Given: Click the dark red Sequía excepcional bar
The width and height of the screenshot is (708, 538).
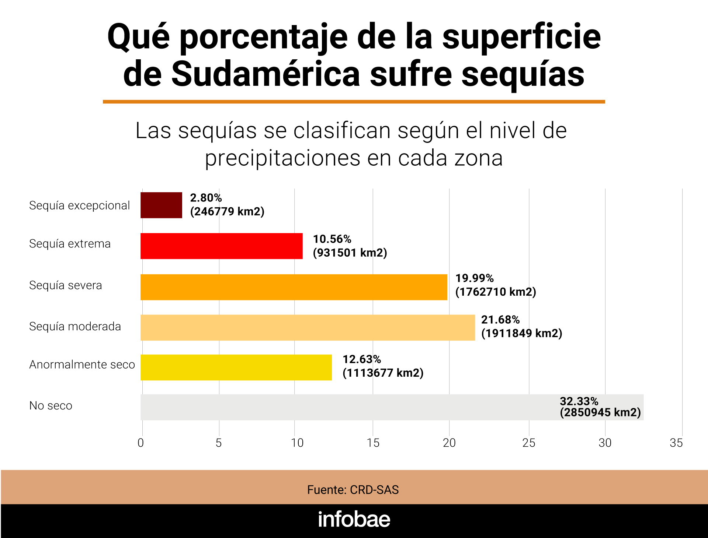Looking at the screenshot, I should (x=161, y=205).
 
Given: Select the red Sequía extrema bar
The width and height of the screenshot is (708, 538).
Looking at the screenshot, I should (x=221, y=246).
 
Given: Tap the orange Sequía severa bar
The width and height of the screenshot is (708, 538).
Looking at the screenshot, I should (x=294, y=287).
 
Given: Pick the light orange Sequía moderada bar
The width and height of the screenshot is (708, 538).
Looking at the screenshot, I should (x=308, y=327).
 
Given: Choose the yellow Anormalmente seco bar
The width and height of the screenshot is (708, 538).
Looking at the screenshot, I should (x=236, y=368).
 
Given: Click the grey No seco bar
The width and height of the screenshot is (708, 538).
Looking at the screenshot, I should (x=392, y=407).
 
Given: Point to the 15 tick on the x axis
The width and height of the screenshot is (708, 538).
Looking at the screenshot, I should (x=373, y=443).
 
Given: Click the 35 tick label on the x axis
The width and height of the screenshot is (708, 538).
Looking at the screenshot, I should (x=676, y=443).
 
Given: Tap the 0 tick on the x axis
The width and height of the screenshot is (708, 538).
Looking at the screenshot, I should (x=140, y=443).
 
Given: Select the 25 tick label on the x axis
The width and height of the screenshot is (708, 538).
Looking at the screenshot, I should (x=529, y=443).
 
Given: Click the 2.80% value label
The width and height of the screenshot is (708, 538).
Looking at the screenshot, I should (x=206, y=198).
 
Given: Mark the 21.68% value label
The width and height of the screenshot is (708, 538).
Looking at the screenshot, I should (x=500, y=320).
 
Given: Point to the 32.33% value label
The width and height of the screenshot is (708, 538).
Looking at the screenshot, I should (x=579, y=401).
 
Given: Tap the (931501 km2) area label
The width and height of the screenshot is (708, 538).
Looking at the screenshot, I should (x=350, y=253).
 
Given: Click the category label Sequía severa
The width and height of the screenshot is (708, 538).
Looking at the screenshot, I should (x=66, y=285).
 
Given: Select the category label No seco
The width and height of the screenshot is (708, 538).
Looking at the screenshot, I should (x=51, y=406).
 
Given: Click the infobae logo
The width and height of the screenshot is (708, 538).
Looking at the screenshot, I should (x=354, y=519).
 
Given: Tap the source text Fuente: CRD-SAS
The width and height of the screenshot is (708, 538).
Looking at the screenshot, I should (x=353, y=490).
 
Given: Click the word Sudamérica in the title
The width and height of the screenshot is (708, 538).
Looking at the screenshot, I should (x=265, y=74).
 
